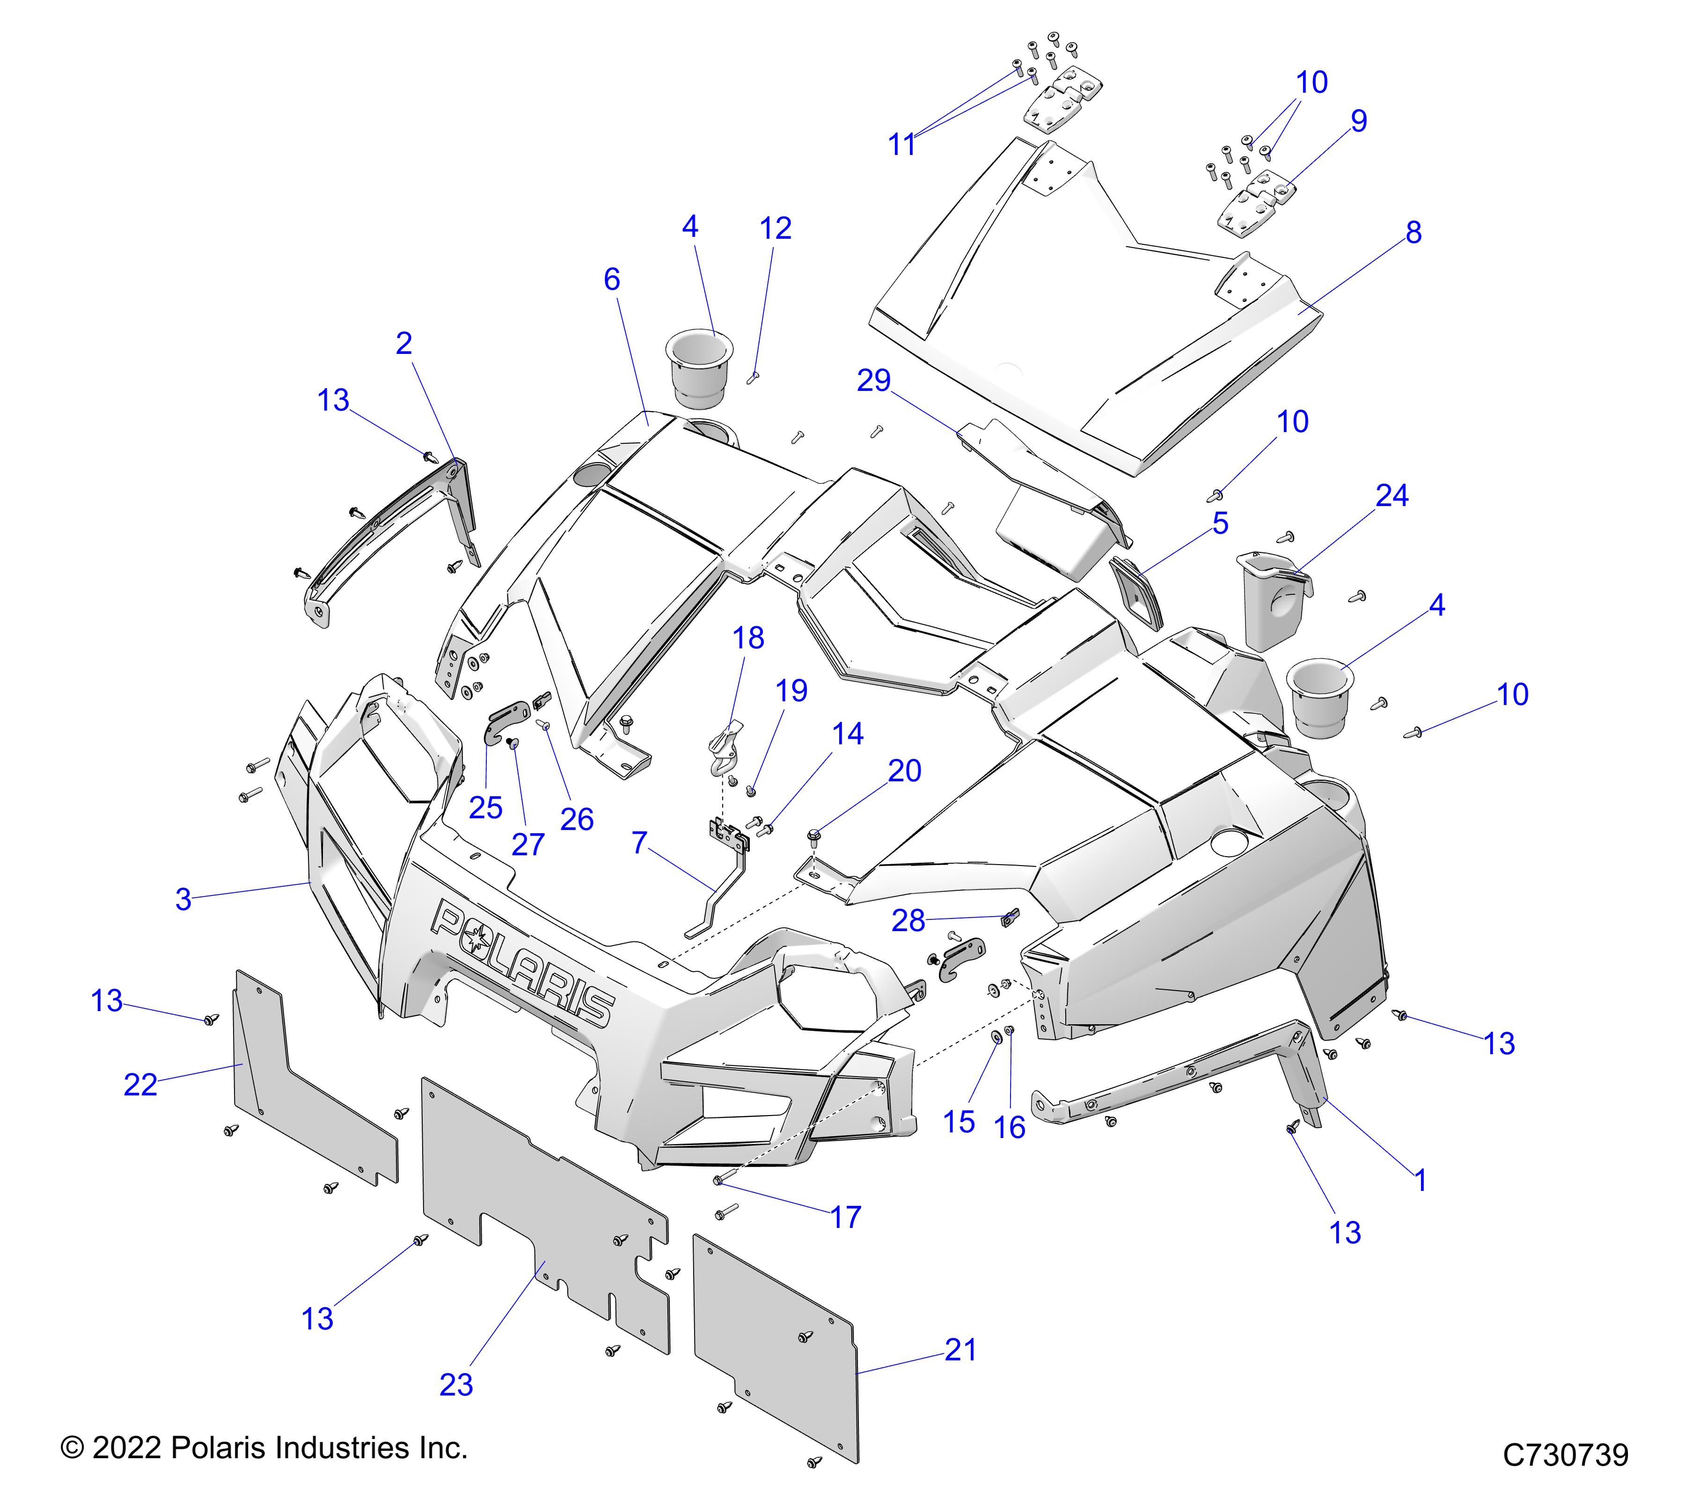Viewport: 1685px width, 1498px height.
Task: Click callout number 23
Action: click(x=456, y=1384)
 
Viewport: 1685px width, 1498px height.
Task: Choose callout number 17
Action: click(x=846, y=1216)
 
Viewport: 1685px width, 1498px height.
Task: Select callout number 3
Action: click(x=183, y=899)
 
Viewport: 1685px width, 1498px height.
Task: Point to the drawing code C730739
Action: click(x=1566, y=1454)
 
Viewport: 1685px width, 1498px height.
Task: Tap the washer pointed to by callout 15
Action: click(x=996, y=1036)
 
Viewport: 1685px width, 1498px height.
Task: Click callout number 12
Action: click(x=775, y=228)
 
